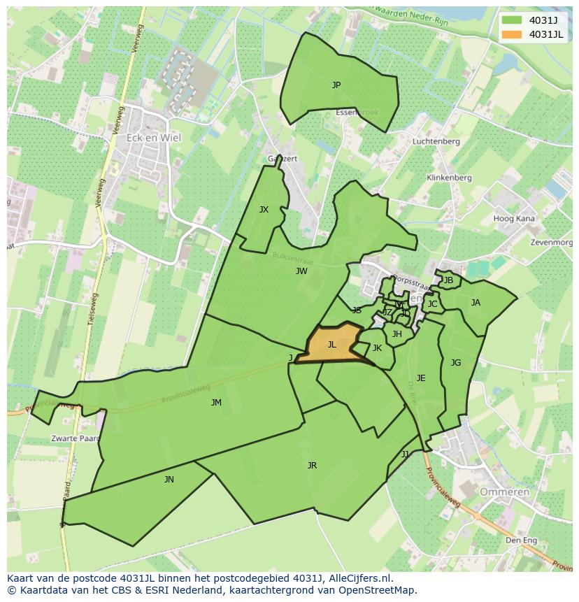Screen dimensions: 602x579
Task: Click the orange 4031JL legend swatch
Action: coord(511,35)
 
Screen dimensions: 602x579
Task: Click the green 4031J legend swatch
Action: coord(511,20)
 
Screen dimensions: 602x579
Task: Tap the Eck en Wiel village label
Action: coord(153,138)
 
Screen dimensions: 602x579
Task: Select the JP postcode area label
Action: coord(336,85)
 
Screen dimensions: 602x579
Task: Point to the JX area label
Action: coord(264,210)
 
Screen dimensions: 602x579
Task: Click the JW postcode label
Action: coord(301,271)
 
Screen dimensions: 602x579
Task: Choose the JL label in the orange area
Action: coord(332,345)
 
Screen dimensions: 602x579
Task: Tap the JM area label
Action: coord(216,403)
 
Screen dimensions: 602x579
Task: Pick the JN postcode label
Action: coord(169,480)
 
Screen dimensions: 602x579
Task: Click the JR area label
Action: coord(312,466)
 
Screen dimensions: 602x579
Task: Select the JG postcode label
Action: coord(456,363)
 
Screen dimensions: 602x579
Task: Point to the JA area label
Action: coord(476,303)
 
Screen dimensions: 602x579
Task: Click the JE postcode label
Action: coord(421,378)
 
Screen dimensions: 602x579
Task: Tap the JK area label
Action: coord(377,348)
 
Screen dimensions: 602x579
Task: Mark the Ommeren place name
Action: coord(504,492)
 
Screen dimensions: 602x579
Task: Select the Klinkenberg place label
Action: coord(449,178)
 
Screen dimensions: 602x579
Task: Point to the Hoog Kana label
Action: coord(514,219)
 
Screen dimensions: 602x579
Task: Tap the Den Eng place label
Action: coord(521,540)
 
